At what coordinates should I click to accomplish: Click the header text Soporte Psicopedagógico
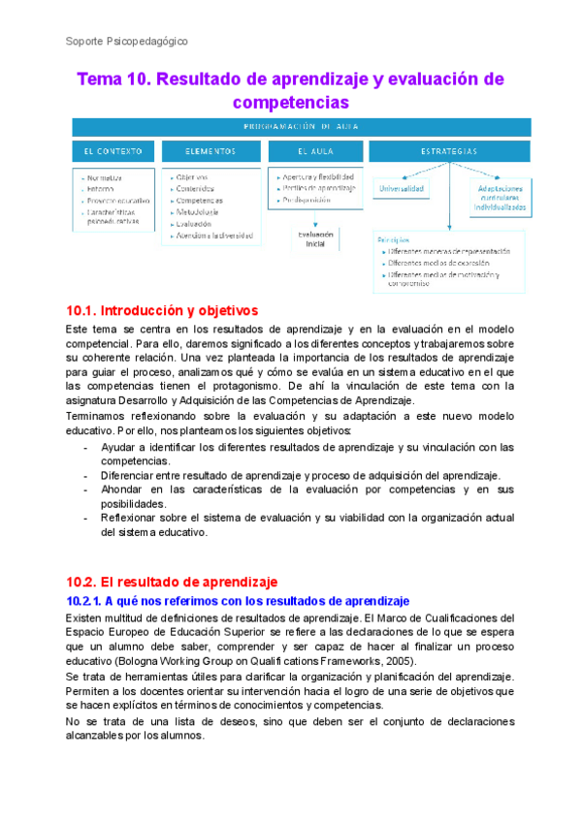click(126, 42)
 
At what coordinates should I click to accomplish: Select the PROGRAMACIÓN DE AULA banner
click(301, 126)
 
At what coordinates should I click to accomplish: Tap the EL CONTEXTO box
click(113, 151)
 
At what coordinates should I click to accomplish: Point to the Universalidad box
click(401, 188)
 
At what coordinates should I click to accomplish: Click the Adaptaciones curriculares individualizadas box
click(500, 198)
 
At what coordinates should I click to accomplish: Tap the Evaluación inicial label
click(315, 238)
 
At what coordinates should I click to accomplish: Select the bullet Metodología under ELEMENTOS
click(197, 211)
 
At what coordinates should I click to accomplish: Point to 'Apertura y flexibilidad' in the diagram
click(317, 177)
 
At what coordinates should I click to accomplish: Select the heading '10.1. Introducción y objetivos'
click(160, 311)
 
